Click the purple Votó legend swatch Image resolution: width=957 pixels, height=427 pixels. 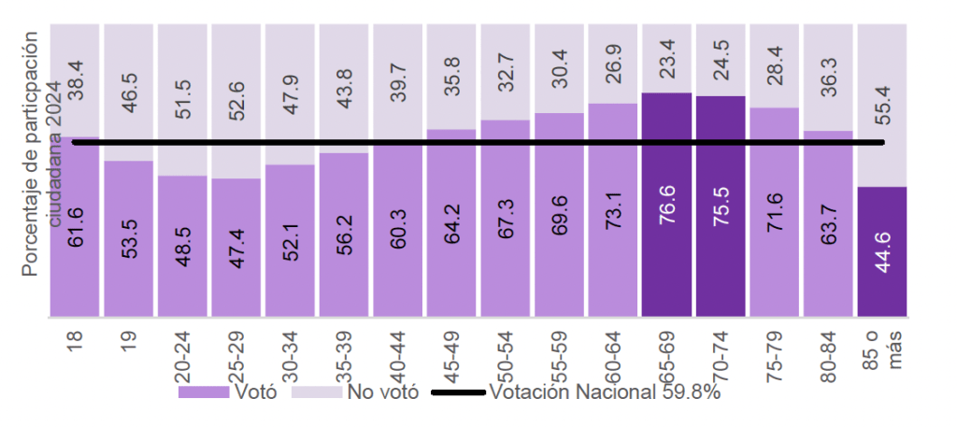[204, 392]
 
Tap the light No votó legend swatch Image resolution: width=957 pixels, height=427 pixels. [318, 392]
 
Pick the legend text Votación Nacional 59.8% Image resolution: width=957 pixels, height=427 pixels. [605, 392]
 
